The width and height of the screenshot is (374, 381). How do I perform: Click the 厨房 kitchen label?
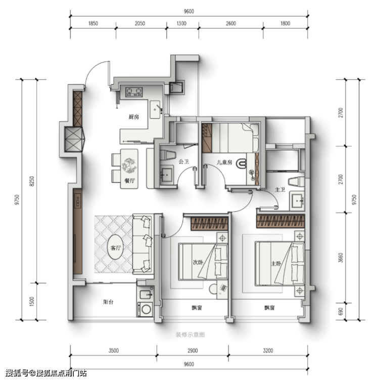tap(133, 117)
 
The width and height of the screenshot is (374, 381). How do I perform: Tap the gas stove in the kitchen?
tap(134, 92)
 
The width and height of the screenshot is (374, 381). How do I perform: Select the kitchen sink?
tap(155, 110)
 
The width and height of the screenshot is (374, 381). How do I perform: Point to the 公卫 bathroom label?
tap(184, 161)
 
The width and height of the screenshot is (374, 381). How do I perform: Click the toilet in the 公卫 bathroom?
tap(168, 155)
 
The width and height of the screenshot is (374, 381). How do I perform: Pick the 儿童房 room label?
tap(224, 162)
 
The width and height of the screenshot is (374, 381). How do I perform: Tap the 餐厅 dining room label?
tap(129, 181)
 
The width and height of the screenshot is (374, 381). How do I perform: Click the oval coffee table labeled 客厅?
tap(116, 247)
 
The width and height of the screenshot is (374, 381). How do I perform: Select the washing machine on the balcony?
tap(146, 309)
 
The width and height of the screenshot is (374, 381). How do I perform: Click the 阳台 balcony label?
tap(108, 302)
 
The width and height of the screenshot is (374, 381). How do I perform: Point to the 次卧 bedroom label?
tap(198, 262)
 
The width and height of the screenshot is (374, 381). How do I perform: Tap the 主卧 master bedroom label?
tap(276, 263)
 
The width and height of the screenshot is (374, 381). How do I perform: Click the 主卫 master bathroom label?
tap(280, 190)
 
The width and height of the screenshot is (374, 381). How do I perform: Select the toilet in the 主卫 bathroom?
tap(296, 182)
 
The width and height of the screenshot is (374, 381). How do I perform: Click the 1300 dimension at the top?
tap(181, 24)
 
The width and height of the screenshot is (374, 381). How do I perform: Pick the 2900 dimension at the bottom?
tap(193, 351)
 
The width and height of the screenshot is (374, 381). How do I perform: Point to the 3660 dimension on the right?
tap(341, 258)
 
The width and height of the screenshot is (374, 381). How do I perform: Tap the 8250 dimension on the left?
tap(32, 181)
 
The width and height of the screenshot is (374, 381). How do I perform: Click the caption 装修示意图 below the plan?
tap(190, 335)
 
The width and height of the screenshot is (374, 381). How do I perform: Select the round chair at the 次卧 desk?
tap(213, 289)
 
